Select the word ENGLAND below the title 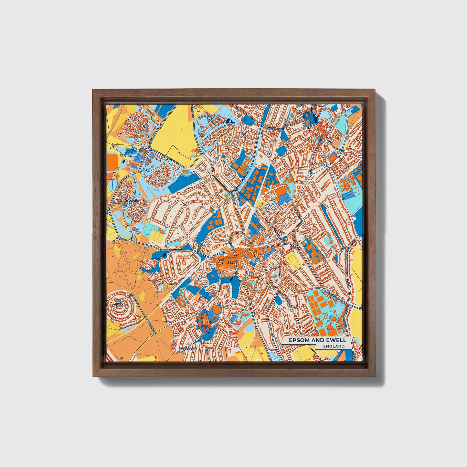(x=334, y=346)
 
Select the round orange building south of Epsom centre (x=216, y=309)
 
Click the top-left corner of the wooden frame (x=94, y=90)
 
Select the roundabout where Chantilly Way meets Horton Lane (x=160, y=125)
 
